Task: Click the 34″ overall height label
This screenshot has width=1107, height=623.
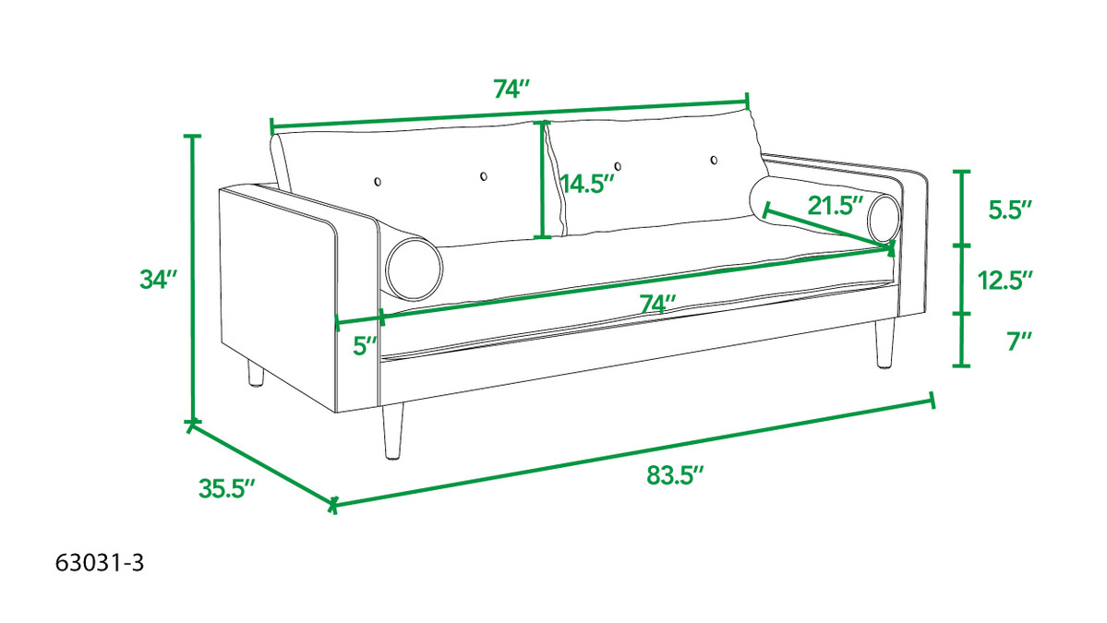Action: coord(158,280)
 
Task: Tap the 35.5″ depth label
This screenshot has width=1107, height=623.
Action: coord(226,488)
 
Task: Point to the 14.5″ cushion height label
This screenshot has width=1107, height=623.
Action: coord(587,185)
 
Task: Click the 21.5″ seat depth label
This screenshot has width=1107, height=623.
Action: coord(836,206)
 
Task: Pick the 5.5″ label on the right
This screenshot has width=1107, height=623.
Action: coord(1010,210)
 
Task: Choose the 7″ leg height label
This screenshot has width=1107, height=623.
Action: coord(1019,341)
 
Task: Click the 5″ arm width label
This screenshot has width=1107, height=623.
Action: coord(365,346)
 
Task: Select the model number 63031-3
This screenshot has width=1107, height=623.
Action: coord(100,563)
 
